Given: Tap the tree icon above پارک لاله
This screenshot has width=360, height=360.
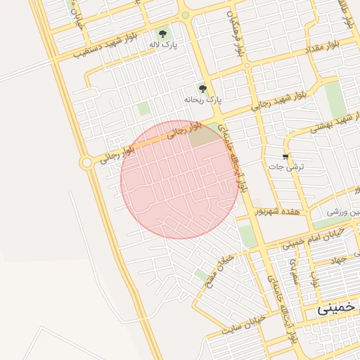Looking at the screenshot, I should click(x=162, y=32).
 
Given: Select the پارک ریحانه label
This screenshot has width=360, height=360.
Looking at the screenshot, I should click(x=203, y=101).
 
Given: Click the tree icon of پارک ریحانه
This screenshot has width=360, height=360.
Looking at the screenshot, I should click(x=203, y=89).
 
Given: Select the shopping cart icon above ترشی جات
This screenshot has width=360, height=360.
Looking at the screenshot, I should click(x=285, y=156).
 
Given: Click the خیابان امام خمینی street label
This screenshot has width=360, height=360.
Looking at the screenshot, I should click(x=314, y=238).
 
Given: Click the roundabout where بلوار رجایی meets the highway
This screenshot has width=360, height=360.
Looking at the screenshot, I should click(x=86, y=162).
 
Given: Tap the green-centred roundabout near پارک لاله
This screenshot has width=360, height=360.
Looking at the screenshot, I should click(x=185, y=15).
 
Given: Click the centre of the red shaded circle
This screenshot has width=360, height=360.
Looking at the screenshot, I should click(x=180, y=180).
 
